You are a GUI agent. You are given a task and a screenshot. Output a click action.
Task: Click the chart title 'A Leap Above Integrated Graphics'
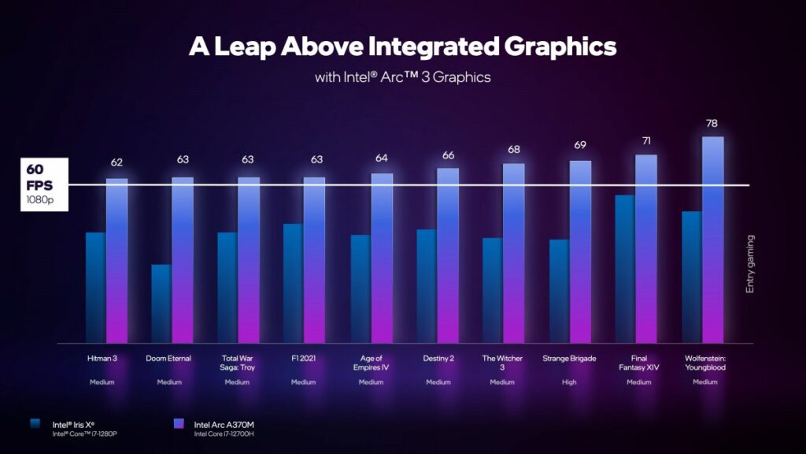(x=402, y=47)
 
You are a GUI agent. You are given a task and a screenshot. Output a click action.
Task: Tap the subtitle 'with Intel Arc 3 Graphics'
(x=402, y=77)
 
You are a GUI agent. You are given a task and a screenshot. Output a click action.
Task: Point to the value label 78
(x=712, y=123)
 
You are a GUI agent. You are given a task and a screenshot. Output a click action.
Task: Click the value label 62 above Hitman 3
(x=116, y=162)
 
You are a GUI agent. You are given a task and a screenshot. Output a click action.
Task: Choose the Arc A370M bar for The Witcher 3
(x=513, y=254)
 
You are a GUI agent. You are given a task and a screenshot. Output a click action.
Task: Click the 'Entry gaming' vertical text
(x=750, y=264)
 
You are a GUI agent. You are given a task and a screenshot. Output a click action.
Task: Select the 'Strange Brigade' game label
(x=570, y=359)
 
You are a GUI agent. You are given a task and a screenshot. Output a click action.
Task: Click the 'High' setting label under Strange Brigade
(x=570, y=382)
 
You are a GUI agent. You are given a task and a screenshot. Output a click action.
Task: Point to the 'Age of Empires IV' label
(x=371, y=363)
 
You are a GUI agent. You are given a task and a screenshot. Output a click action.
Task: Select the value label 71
(x=646, y=141)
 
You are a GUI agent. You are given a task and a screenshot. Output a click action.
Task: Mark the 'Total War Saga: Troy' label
(x=237, y=363)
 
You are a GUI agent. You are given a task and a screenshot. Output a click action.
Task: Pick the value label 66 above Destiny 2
(x=448, y=155)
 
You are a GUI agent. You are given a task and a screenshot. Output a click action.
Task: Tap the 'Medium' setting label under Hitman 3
(x=102, y=382)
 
